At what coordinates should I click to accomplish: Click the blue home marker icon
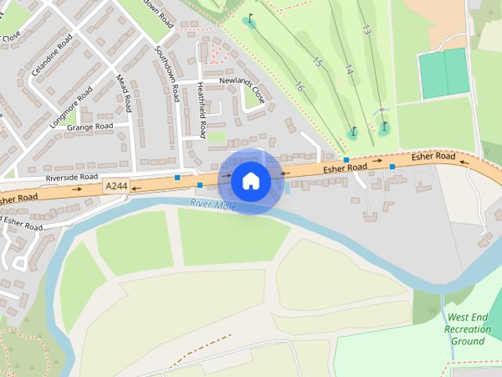[x=251, y=181]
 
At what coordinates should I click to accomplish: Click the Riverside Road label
[x=71, y=178]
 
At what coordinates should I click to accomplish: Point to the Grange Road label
[x=89, y=126]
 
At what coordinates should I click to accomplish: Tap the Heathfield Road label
[x=202, y=110]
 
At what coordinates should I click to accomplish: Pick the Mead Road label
[x=124, y=92]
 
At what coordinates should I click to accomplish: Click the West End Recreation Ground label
[x=467, y=329]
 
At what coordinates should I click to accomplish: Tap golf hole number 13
[x=366, y=30]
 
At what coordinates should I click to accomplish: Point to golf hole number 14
[x=349, y=71]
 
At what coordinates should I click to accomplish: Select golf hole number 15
[x=317, y=61]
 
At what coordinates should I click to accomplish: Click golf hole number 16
[x=299, y=86]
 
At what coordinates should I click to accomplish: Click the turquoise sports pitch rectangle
[x=444, y=73]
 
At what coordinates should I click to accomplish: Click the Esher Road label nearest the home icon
[x=345, y=168]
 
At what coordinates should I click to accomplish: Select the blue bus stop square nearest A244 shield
[x=177, y=178]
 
